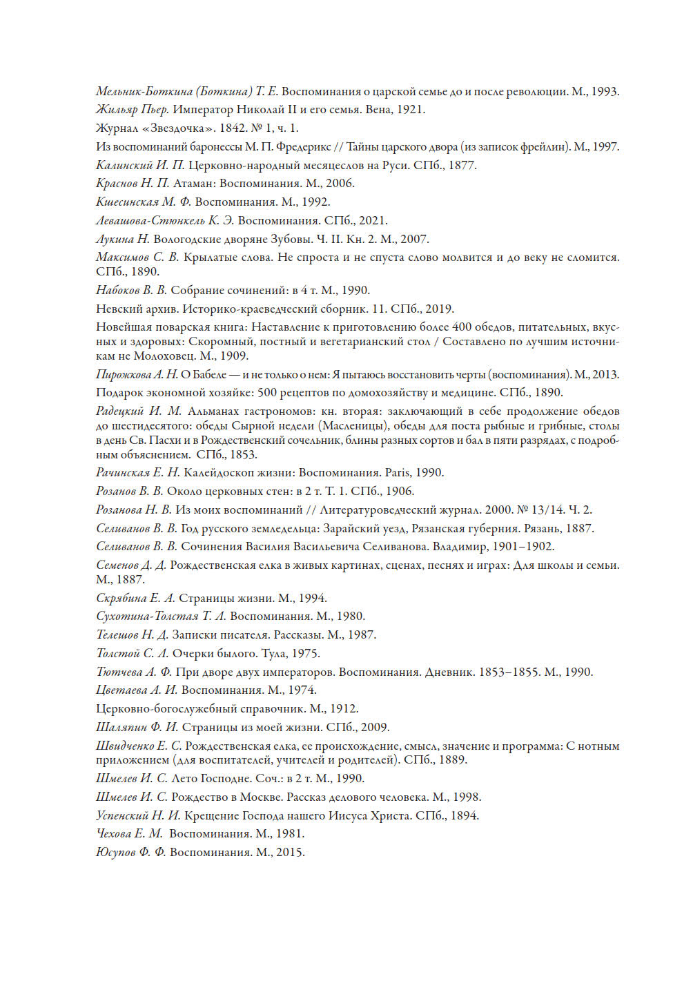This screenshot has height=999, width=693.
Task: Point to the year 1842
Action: point(233,128)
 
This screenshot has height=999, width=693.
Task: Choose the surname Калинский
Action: point(124,166)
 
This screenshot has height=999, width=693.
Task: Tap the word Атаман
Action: point(193,184)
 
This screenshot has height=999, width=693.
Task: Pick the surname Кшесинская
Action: point(127,202)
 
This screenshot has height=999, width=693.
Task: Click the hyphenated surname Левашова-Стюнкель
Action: point(150,221)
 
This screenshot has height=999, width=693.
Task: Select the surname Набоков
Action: point(117,291)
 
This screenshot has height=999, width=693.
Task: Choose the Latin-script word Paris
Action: point(398,473)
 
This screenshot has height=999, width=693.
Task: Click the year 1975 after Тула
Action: point(306,654)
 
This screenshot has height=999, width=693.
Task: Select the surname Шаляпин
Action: point(121,728)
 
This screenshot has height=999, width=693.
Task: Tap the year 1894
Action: point(465,816)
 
